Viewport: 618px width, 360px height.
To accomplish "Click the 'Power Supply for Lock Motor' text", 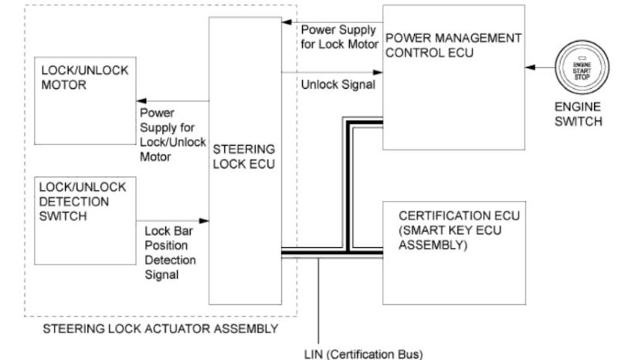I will coord(338,36).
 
